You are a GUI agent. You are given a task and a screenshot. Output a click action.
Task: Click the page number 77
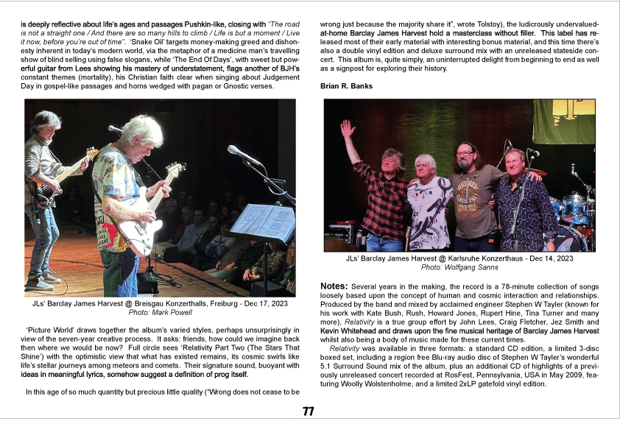point(309,411)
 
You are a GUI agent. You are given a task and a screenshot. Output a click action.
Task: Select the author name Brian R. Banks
point(346,86)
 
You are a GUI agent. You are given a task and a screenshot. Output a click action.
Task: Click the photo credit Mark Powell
point(171,312)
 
